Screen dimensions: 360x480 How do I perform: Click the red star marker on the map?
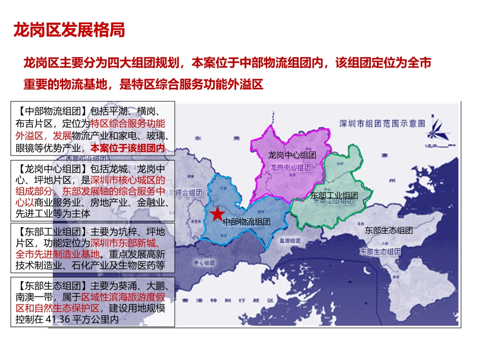tap(217, 214)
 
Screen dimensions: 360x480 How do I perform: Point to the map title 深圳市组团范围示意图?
tap(382, 123)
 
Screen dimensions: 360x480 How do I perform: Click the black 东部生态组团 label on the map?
tap(389, 230)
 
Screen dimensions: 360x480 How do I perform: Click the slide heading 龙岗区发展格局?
tap(69, 30)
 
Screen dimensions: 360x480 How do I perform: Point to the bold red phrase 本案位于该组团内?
tap(128, 148)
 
